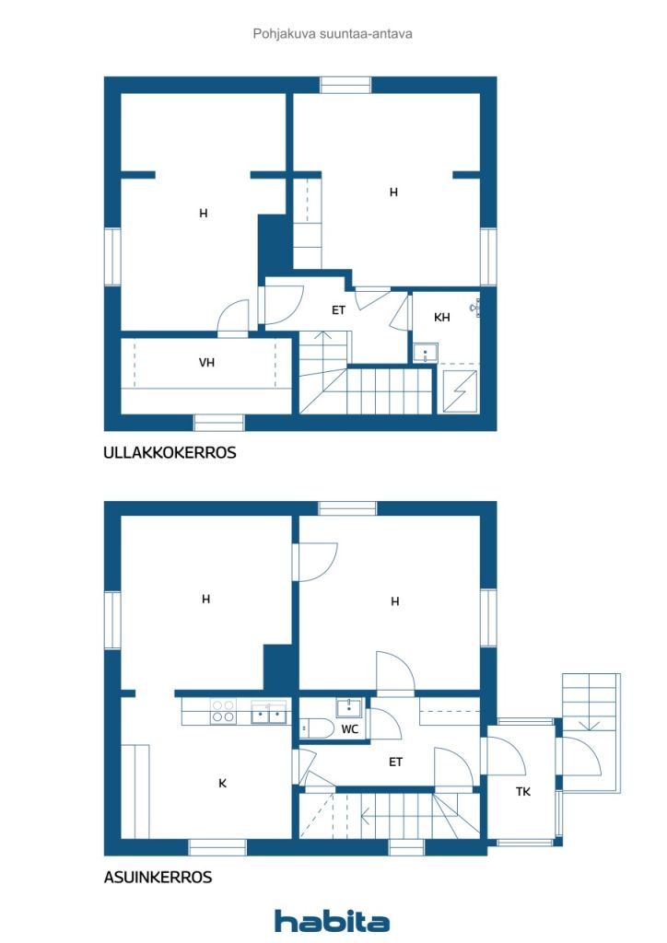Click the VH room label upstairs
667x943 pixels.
pyautogui.click(x=207, y=363)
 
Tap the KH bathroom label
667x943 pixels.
pyautogui.click(x=442, y=318)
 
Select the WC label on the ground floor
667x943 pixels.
pyautogui.click(x=350, y=729)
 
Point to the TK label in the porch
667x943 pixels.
pyautogui.click(x=523, y=792)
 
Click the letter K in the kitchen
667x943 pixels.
pyautogui.click(x=222, y=784)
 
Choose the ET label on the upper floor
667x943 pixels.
pyautogui.click(x=339, y=310)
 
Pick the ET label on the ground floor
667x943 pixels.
pyautogui.click(x=396, y=762)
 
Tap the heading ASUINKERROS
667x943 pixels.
pyautogui.click(x=158, y=878)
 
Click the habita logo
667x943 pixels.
pyautogui.click(x=332, y=921)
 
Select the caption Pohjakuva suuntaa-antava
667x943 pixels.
pyautogui.click(x=333, y=33)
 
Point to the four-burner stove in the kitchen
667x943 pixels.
pyautogui.click(x=223, y=712)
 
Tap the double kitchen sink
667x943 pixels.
pyautogui.click(x=269, y=712)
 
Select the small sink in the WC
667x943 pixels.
pyautogui.click(x=349, y=706)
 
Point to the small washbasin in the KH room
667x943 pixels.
pyautogui.click(x=425, y=352)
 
